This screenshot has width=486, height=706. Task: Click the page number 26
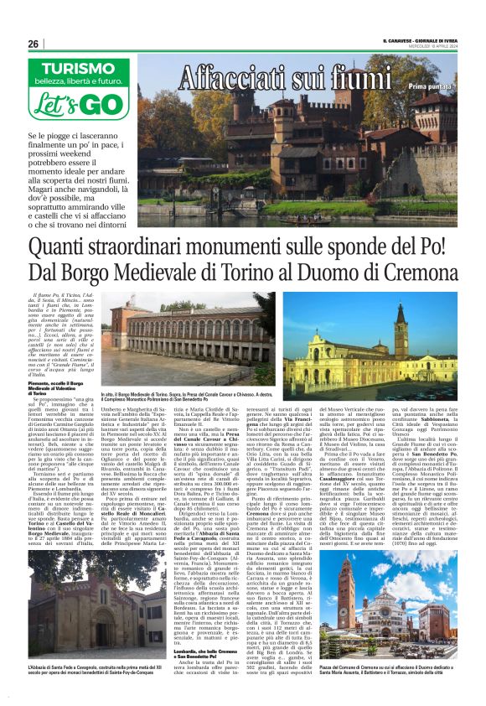point(34,44)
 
